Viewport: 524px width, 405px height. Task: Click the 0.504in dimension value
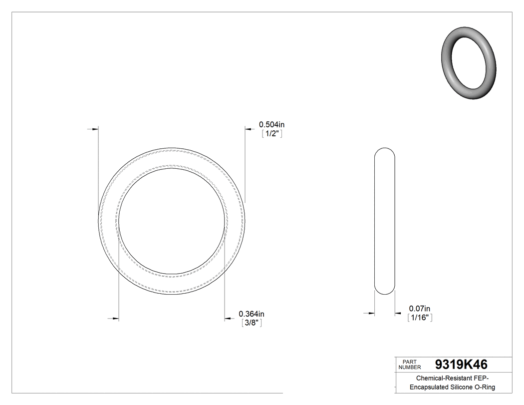271,124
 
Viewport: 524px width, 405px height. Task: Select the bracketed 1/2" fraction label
272,134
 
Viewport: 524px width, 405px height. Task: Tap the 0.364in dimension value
252,314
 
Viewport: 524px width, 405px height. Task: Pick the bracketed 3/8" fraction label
252,323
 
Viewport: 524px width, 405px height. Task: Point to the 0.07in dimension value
420,309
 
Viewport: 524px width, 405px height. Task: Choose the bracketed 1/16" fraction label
420,318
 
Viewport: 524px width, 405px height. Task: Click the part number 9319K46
461,364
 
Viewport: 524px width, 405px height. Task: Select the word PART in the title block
410,362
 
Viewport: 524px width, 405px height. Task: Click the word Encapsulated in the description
432,388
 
